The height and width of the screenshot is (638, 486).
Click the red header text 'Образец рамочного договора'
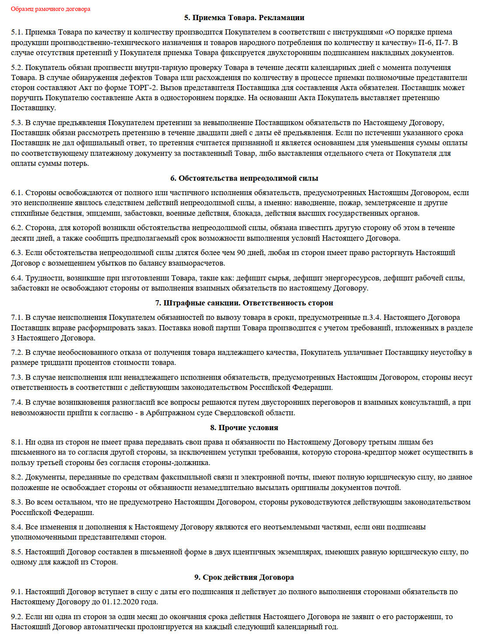pyautogui.click(x=50, y=9)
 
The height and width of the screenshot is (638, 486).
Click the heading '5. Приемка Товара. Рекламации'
pyautogui.click(x=244, y=18)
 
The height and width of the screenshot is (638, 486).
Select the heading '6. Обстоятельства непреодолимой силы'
pyautogui.click(x=244, y=178)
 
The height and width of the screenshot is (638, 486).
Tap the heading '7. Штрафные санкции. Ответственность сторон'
pyautogui.click(x=244, y=303)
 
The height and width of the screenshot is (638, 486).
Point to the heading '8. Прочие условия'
pyautogui.click(x=244, y=428)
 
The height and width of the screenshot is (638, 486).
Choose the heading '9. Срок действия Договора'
pyautogui.click(x=244, y=577)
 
